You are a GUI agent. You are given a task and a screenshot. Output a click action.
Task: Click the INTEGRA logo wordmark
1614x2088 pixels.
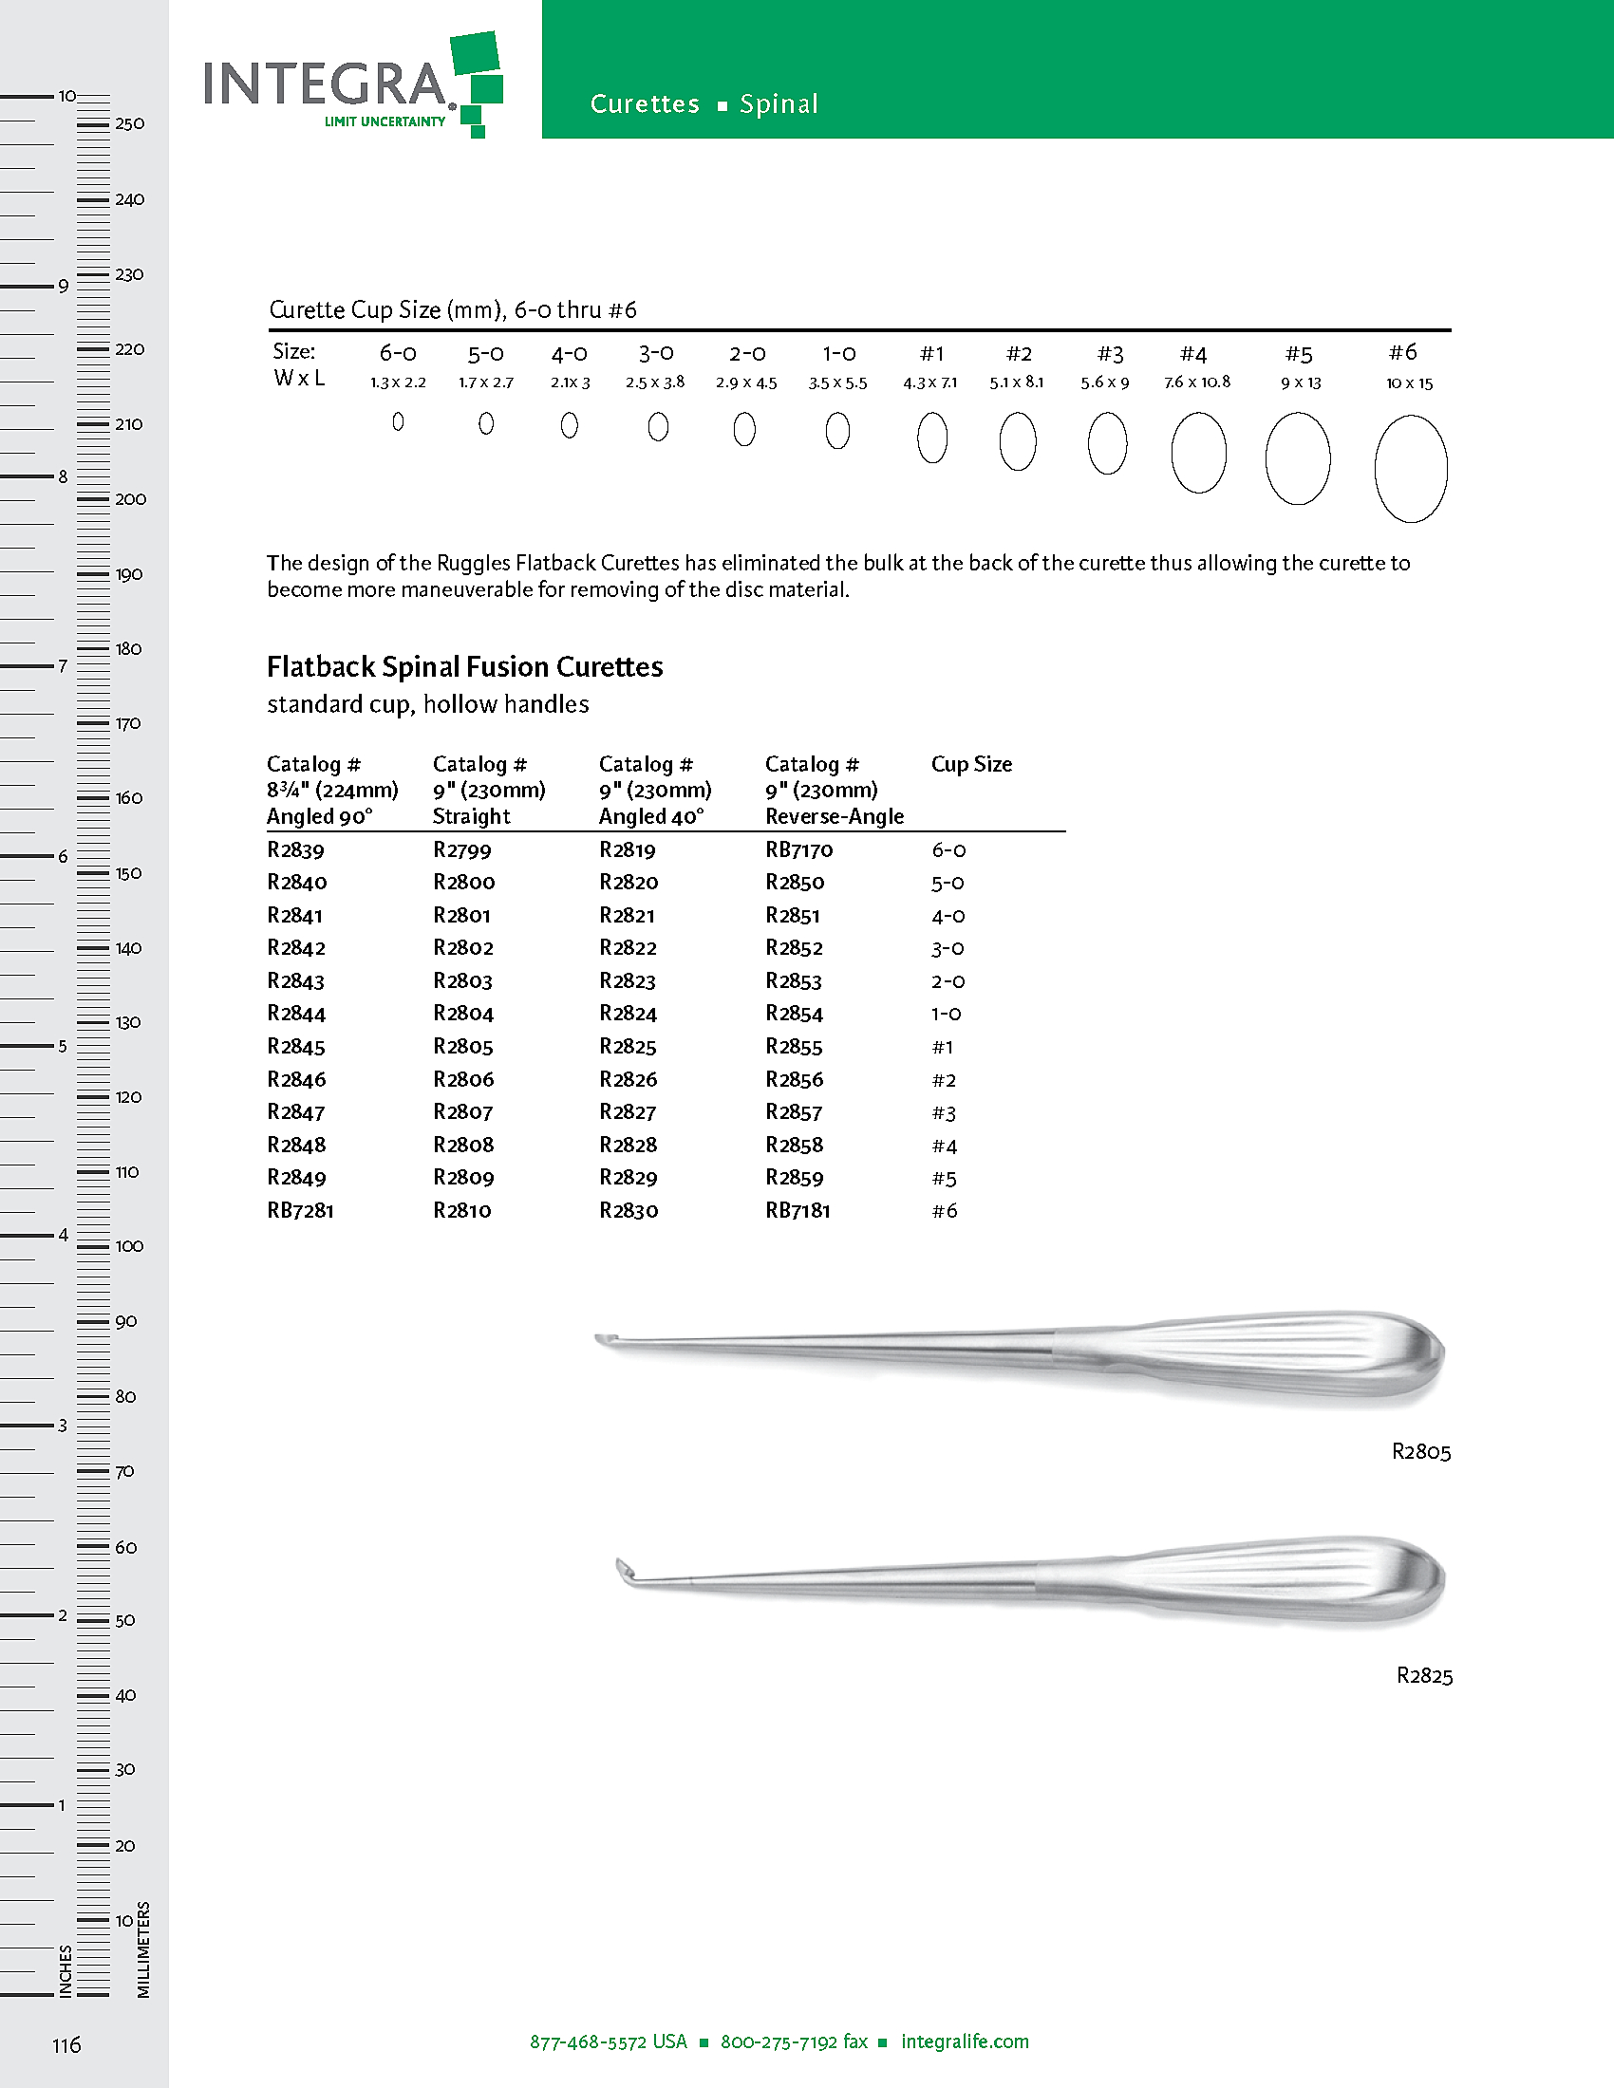(x=325, y=84)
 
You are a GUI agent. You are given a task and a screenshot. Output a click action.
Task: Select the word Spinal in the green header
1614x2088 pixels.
(x=779, y=104)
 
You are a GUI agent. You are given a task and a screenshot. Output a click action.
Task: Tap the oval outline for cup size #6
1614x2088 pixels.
(x=1410, y=469)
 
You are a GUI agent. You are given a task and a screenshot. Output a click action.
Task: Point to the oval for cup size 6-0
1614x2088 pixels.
(x=398, y=421)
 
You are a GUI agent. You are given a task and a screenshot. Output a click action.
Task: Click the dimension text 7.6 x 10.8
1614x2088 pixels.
(x=1197, y=382)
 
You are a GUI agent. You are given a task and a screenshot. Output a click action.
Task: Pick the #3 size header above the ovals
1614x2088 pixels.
(x=1109, y=355)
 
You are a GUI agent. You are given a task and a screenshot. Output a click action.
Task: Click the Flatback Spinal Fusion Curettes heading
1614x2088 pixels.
(x=464, y=666)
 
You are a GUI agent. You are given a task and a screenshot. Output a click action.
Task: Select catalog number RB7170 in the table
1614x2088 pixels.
(x=799, y=850)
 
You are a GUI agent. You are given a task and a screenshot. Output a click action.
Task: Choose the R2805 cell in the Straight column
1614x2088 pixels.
(x=462, y=1047)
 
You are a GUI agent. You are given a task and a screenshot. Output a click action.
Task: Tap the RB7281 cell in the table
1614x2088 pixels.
(x=300, y=1211)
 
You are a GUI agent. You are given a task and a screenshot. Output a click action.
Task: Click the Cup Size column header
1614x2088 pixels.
(x=971, y=764)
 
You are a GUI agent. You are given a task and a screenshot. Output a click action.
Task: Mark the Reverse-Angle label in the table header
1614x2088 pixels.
(x=835, y=816)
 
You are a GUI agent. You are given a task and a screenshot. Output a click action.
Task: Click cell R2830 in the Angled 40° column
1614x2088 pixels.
(x=629, y=1211)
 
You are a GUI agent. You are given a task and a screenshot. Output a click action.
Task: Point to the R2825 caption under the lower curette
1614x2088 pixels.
(x=1424, y=1676)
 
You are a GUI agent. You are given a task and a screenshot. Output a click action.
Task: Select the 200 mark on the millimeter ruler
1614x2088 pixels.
(x=130, y=499)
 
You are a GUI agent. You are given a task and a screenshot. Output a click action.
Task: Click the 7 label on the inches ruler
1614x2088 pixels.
(x=63, y=666)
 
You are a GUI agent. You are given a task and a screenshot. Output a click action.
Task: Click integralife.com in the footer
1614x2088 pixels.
(x=965, y=2041)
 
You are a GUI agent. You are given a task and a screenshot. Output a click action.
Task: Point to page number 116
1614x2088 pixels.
(x=66, y=2045)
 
